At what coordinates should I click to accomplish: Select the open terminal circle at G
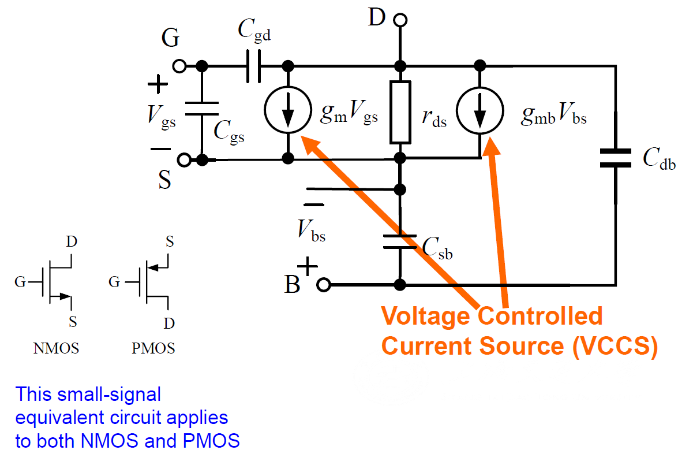click(180, 66)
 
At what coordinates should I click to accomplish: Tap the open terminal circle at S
click(183, 159)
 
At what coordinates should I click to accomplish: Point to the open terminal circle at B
click(324, 285)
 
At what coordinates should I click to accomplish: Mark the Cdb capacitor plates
click(616, 158)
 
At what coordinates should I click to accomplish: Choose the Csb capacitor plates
click(399, 241)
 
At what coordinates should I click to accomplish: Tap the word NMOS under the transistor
click(57, 348)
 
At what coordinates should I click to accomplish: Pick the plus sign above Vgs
click(157, 84)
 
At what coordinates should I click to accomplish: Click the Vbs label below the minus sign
click(312, 230)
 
